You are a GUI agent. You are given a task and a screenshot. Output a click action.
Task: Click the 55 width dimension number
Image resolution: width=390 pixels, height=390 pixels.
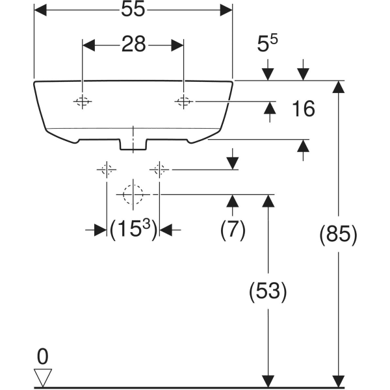pyautogui.click(x=133, y=10)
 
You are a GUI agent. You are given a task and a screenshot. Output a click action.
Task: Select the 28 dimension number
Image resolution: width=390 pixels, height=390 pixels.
pyautogui.click(x=133, y=44)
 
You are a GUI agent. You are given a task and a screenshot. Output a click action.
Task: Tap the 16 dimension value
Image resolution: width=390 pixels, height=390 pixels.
pyautogui.click(x=303, y=109)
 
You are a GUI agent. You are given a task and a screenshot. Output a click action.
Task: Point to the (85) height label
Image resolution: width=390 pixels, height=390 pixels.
pyautogui.click(x=338, y=235)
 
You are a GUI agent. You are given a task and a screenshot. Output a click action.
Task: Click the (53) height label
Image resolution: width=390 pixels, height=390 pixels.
pyautogui.click(x=268, y=291)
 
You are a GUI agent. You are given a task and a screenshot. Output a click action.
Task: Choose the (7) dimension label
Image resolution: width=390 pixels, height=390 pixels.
pyautogui.click(x=233, y=229)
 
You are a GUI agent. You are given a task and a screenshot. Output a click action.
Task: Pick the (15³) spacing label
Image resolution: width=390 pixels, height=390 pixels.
pyautogui.click(x=133, y=229)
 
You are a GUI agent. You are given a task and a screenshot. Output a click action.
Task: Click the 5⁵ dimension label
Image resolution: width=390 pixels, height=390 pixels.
pyautogui.click(x=267, y=44)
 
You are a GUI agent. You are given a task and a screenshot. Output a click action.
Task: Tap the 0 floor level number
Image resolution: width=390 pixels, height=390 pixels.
pyautogui.click(x=42, y=356)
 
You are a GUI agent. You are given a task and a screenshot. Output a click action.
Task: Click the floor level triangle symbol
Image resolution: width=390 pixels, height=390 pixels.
pyautogui.click(x=43, y=378)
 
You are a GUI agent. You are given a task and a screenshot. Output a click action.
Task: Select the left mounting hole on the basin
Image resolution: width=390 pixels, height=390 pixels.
pyautogui.click(x=83, y=101)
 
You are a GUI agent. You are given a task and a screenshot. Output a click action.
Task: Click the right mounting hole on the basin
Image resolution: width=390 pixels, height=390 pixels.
pyautogui.click(x=183, y=101)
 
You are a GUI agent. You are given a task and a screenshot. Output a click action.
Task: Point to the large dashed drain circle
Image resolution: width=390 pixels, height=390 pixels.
pyautogui.click(x=133, y=194)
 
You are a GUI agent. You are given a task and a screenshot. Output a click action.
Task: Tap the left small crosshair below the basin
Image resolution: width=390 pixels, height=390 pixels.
pyautogui.click(x=107, y=170)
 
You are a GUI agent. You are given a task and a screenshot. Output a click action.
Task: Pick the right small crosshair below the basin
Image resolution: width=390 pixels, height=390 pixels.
pyautogui.click(x=159, y=170)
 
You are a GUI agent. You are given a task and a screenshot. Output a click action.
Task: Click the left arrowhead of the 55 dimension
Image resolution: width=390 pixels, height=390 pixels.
pyautogui.click(x=40, y=10)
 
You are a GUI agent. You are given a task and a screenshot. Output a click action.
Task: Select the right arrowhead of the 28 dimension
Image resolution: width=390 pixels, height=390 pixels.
pyautogui.click(x=177, y=45)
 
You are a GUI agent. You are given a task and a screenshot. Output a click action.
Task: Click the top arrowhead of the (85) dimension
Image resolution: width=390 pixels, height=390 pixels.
pyautogui.click(x=338, y=87)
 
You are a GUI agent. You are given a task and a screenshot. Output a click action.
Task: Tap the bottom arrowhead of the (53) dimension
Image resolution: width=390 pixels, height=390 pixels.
pyautogui.click(x=268, y=381)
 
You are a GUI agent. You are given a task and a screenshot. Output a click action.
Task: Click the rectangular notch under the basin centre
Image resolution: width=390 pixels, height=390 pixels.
pyautogui.click(x=133, y=145)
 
